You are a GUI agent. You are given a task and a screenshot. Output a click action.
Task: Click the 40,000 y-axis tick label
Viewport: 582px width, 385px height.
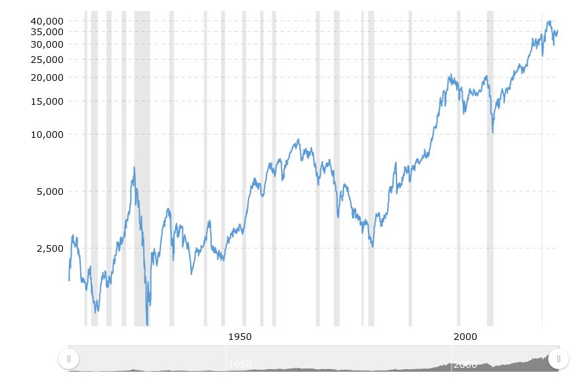point(46,21)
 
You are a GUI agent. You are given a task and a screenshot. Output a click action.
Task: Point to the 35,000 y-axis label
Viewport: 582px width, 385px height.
point(46,31)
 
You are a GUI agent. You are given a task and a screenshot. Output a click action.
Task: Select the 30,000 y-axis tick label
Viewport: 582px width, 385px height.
point(46,44)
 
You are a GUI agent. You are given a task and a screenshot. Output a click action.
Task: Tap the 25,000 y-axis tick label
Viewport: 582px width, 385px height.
point(46,60)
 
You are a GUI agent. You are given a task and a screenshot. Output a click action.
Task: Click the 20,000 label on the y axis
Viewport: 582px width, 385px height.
point(46,78)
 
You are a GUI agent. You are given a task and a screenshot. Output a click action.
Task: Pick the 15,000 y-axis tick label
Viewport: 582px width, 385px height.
point(46,101)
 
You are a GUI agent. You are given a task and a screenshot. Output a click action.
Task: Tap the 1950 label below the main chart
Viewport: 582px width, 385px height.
point(240,337)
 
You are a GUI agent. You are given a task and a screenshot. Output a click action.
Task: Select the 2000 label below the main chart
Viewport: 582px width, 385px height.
point(465,337)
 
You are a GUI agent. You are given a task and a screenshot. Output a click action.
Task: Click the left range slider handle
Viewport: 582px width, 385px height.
point(68,358)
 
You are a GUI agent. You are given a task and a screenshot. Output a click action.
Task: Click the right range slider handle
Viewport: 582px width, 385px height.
point(559,358)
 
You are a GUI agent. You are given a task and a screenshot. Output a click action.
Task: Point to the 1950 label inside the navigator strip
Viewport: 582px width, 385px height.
point(240,365)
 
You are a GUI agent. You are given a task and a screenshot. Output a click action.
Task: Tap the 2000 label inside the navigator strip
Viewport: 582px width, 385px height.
point(465,365)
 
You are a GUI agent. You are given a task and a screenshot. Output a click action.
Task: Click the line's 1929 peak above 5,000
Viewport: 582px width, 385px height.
point(134,168)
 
